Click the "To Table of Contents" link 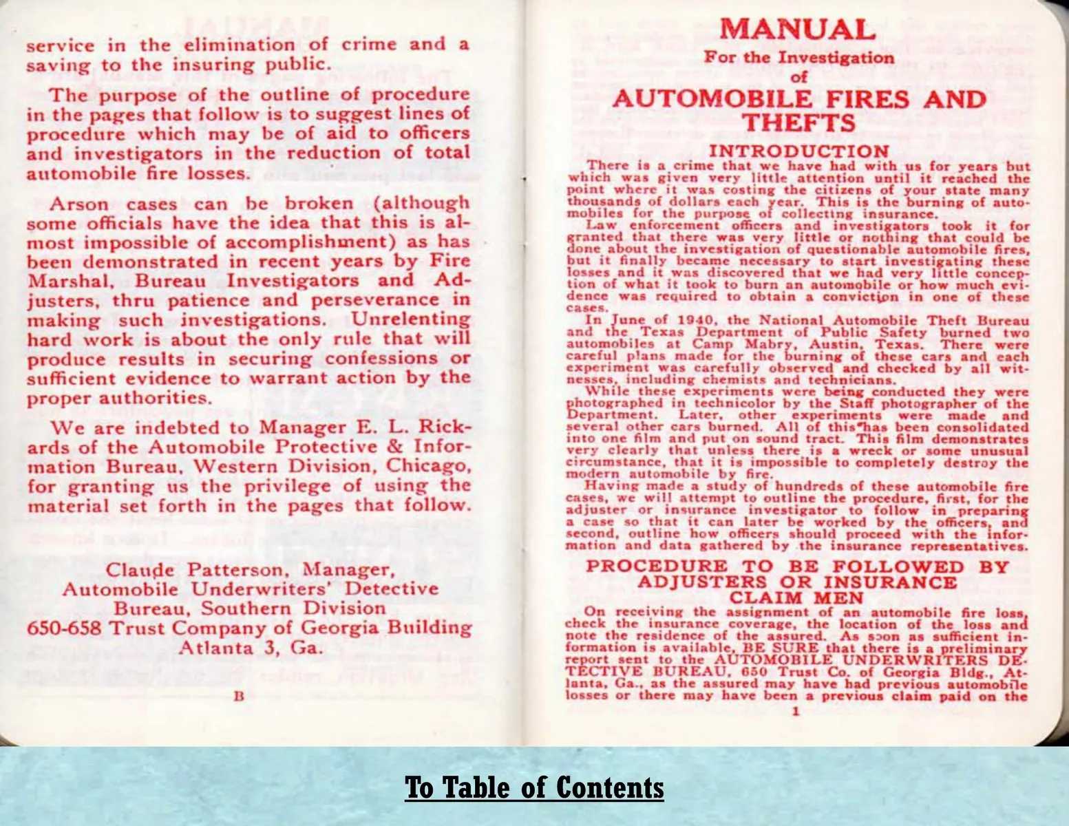(x=534, y=787)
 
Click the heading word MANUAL (x=798, y=29)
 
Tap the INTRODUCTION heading (x=798, y=151)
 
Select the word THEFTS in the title (x=798, y=123)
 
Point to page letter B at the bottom (x=239, y=696)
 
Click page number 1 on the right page (x=795, y=710)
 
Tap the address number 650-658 (x=65, y=628)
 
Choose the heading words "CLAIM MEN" (x=796, y=598)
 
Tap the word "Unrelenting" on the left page (x=411, y=320)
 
